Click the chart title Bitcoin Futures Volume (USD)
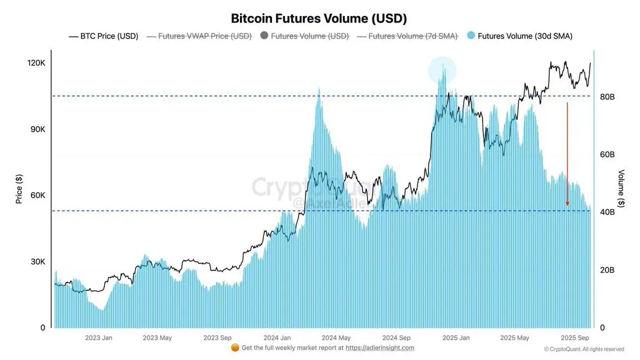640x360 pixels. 319,18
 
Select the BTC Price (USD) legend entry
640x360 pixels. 103,36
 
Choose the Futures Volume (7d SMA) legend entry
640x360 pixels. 406,36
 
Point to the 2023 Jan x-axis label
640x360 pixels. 99,338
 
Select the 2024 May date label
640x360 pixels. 337,338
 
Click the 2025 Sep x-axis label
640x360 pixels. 575,338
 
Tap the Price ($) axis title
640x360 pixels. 19,189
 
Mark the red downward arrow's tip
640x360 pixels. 567,205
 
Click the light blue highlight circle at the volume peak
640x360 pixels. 442,70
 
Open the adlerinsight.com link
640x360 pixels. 380,348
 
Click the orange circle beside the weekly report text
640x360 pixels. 235,348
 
